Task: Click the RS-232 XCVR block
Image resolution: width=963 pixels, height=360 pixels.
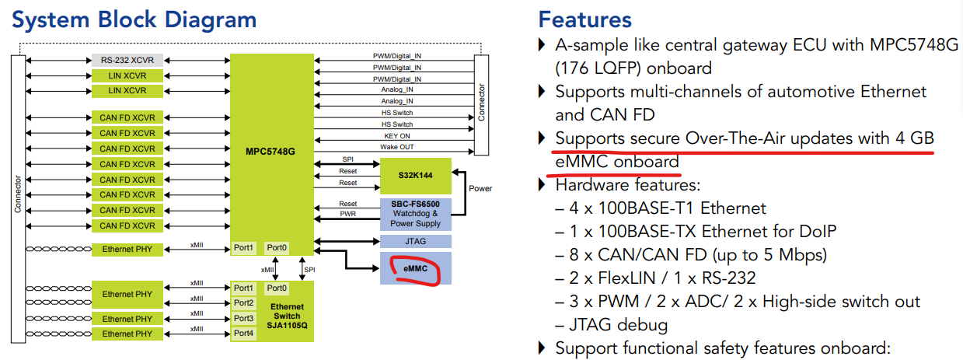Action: click(127, 60)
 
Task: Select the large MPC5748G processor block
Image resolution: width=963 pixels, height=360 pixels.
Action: click(270, 151)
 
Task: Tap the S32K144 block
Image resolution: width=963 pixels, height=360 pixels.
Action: click(415, 177)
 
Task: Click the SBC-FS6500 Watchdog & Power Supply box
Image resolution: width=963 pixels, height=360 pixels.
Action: click(415, 214)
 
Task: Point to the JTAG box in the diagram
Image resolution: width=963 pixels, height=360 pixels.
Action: click(415, 241)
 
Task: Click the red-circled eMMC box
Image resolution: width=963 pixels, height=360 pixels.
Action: click(415, 268)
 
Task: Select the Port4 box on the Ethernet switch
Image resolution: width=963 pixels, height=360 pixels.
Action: click(243, 334)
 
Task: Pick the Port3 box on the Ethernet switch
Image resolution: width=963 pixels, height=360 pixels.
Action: click(243, 318)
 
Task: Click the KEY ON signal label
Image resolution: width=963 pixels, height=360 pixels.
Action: click(397, 135)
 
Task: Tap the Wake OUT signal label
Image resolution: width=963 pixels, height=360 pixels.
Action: click(397, 147)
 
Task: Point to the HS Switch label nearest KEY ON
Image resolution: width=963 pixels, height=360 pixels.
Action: click(397, 124)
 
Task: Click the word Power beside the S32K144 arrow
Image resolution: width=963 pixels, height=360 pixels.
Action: click(480, 188)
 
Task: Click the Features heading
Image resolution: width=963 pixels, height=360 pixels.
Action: click(584, 19)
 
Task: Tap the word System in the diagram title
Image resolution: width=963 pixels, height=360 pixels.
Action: click(55, 19)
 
